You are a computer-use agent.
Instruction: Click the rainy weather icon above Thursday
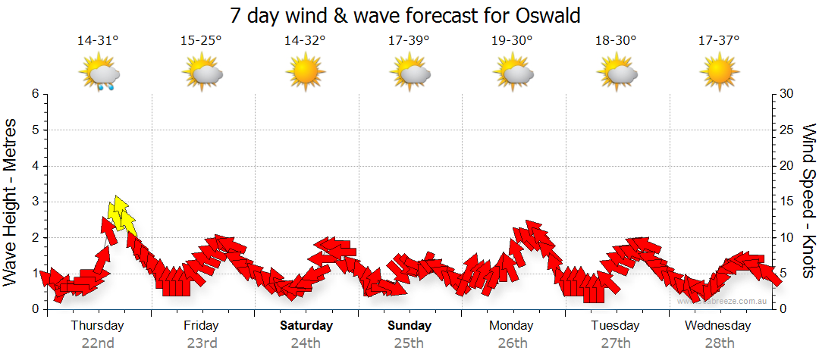(x=100, y=74)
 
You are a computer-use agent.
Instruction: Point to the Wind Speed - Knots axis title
(x=808, y=201)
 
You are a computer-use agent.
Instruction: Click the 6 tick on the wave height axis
(x=34, y=94)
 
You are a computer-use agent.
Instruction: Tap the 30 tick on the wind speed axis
(x=788, y=94)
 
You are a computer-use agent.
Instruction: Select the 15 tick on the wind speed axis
(x=788, y=202)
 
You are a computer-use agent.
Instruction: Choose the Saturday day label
(x=306, y=326)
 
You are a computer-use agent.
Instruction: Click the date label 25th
(x=409, y=343)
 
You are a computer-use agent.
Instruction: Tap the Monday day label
(x=512, y=326)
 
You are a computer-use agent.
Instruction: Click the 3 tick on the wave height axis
(x=34, y=202)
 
